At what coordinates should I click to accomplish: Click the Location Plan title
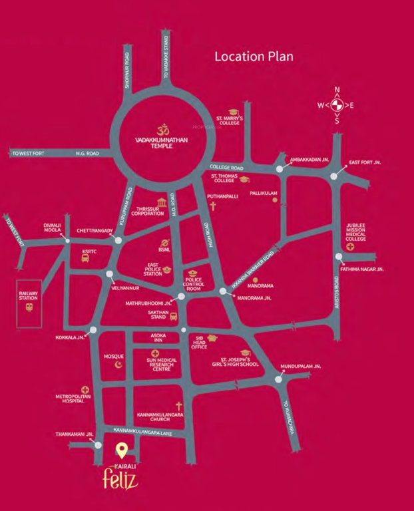point(254,57)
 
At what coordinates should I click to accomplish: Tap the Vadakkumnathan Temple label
point(160,142)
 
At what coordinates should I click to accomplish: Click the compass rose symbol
point(336,105)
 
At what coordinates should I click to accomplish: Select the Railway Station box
point(28,303)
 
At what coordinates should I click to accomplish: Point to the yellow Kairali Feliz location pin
point(121,450)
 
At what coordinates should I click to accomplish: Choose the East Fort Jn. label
point(364,164)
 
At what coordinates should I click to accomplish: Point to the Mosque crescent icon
point(119,364)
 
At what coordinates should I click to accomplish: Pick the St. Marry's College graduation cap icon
point(233,112)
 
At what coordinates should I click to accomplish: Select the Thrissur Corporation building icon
point(162,202)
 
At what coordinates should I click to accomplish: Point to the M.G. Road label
point(87,154)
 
